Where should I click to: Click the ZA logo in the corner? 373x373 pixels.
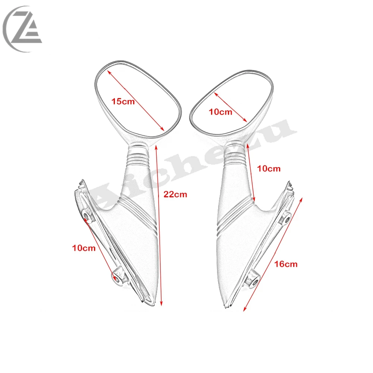(x=23, y=29)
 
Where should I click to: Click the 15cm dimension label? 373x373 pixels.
(x=123, y=101)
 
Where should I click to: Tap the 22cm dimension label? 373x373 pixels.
(x=175, y=195)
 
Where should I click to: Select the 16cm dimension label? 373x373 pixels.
(x=286, y=264)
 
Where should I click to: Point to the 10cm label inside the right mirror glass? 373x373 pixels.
(x=220, y=112)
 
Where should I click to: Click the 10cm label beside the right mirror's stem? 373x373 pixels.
(x=269, y=169)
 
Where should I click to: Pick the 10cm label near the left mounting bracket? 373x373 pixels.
(x=84, y=248)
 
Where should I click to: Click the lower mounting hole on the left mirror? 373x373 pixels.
(x=117, y=278)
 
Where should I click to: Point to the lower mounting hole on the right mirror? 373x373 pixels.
(x=254, y=283)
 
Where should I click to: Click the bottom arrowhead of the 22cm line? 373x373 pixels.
(x=161, y=303)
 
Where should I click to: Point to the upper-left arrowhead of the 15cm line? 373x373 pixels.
(x=109, y=72)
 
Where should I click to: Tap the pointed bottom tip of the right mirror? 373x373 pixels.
(x=225, y=308)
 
